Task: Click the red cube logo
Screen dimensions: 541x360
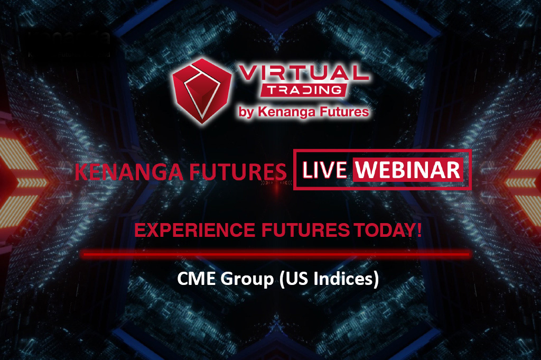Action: [201, 91]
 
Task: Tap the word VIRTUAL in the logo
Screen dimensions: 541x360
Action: [303, 73]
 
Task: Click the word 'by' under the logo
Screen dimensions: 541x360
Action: [246, 113]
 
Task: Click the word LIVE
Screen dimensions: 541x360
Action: [324, 170]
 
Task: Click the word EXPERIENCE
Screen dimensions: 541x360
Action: [194, 230]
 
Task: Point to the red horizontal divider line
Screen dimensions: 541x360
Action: [277, 255]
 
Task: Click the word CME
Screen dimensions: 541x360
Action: [197, 278]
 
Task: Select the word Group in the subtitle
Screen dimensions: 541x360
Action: [247, 279]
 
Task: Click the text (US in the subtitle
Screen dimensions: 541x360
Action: [294, 279]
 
